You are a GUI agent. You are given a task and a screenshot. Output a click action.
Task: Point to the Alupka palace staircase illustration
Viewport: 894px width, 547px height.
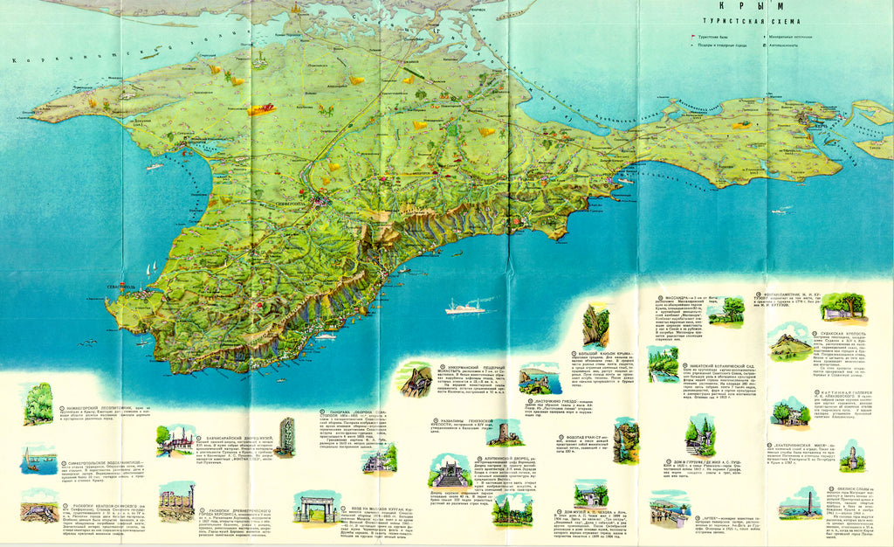pos(449,472)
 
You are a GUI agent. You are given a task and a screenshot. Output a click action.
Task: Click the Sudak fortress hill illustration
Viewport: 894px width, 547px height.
pos(791,343)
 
